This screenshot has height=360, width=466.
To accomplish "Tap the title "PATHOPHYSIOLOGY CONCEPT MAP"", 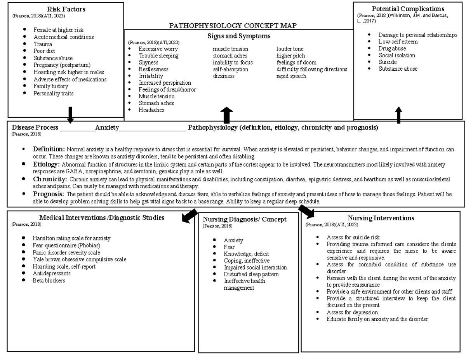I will (233, 26).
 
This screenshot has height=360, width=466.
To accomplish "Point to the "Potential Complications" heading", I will (408, 9).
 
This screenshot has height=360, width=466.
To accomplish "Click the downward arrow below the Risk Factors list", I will (70, 115).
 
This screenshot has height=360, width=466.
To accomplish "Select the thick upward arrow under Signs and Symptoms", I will (226, 115).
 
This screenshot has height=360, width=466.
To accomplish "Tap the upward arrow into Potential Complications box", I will (398, 115).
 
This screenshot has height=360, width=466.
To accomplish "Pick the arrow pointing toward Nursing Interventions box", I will (306, 212).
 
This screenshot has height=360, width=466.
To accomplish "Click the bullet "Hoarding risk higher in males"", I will (68, 72).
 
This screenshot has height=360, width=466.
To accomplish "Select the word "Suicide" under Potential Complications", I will (387, 62).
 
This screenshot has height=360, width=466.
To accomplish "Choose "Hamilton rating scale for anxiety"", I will (71, 238).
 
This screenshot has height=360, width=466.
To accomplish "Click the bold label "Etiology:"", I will (46, 164).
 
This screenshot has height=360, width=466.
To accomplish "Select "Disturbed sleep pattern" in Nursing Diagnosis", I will (251, 274).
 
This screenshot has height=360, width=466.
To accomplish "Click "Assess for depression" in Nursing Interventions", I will (352, 312).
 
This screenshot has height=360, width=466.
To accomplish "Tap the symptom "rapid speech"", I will (291, 76).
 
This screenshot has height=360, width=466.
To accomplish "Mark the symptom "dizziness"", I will (224, 76).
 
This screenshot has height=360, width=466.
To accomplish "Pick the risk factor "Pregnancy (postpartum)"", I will (62, 65).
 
